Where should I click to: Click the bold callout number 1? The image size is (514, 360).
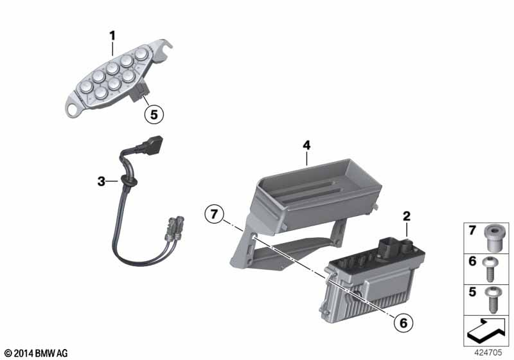point(112,36)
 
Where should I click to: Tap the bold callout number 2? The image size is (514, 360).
point(407,216)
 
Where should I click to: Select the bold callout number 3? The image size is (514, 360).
point(102,181)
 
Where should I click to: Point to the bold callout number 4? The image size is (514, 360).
point(306,145)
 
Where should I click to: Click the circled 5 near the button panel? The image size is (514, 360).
point(154,114)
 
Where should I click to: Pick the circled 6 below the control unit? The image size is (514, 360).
point(403,323)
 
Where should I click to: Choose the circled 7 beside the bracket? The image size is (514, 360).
point(214,214)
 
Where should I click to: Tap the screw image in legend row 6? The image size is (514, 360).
point(490,269)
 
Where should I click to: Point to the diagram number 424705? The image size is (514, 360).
point(488,352)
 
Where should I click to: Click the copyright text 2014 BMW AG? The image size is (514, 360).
point(36,353)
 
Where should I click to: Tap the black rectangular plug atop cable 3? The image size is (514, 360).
point(152,145)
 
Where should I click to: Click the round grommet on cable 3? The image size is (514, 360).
point(128,180)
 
